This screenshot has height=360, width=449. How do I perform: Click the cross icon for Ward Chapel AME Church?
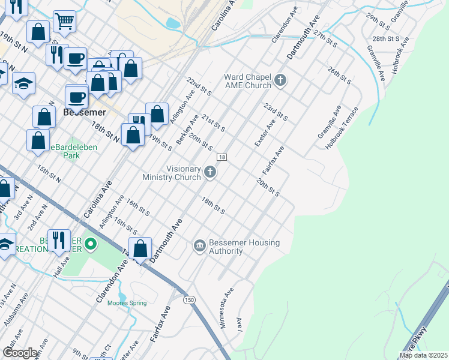pos(280,80)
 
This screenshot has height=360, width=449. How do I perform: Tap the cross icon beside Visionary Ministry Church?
pos(210,173)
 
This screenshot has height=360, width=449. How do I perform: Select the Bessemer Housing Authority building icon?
pos(199,245)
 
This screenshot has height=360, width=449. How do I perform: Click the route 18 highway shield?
pos(221,157)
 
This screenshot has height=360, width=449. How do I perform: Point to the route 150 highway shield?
pos(190,299)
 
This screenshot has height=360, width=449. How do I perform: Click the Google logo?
pos(20,353)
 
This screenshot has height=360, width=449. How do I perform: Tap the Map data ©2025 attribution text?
pos(423,355)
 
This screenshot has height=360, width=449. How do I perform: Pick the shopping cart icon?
pos(64,22)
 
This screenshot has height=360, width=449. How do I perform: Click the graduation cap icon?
pos(23,83)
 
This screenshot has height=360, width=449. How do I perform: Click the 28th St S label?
pos(386,38)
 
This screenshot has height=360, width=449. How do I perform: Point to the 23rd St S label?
pos(276,111)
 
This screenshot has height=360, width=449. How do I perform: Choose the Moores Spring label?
pos(127,303)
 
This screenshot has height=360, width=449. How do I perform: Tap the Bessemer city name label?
pos(84,112)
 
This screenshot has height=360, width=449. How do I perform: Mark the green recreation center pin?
pos(91,244)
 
